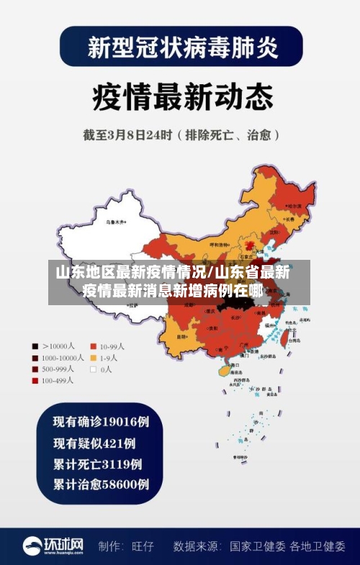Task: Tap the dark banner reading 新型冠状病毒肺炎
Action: pyautogui.click(x=181, y=48)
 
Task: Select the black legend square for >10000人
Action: pyautogui.click(x=35, y=345)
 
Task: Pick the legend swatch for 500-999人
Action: pyautogui.click(x=35, y=369)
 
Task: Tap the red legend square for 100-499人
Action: pyautogui.click(x=35, y=381)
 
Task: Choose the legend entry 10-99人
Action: pyautogui.click(x=112, y=345)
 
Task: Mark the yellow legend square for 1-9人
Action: pyautogui.click(x=93, y=358)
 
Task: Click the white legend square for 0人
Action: pyautogui.click(x=93, y=369)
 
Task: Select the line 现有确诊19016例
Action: pyautogui.click(x=100, y=421)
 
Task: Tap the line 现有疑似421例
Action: pyautogui.click(x=94, y=443)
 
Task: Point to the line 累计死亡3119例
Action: pyautogui.click(x=96, y=464)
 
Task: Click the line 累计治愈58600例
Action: pyautogui.click(x=100, y=484)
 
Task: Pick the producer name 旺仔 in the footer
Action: pyautogui.click(x=144, y=546)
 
